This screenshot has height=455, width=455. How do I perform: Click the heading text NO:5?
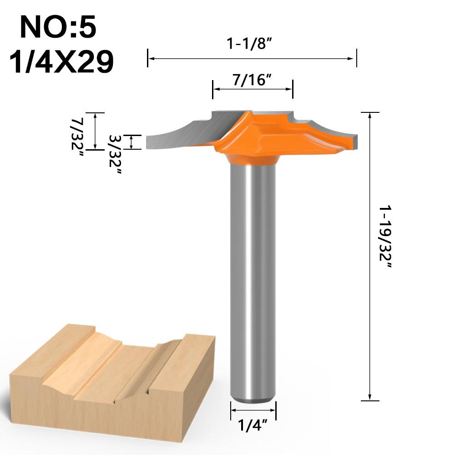[58, 28]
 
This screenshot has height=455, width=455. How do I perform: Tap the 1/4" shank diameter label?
[253, 426]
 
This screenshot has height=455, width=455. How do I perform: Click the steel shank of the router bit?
[253, 273]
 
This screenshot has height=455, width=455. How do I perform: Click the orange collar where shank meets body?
[253, 159]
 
